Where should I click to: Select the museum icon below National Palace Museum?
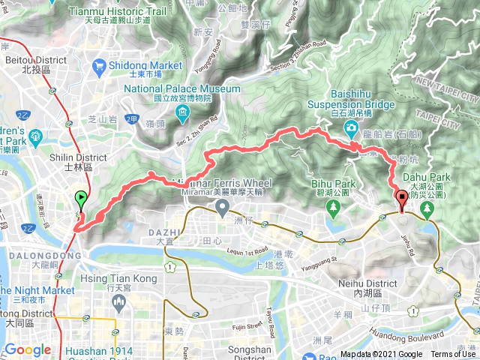(x=182, y=113)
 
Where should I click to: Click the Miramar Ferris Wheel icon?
(x=221, y=205)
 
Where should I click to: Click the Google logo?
(x=28, y=349)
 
